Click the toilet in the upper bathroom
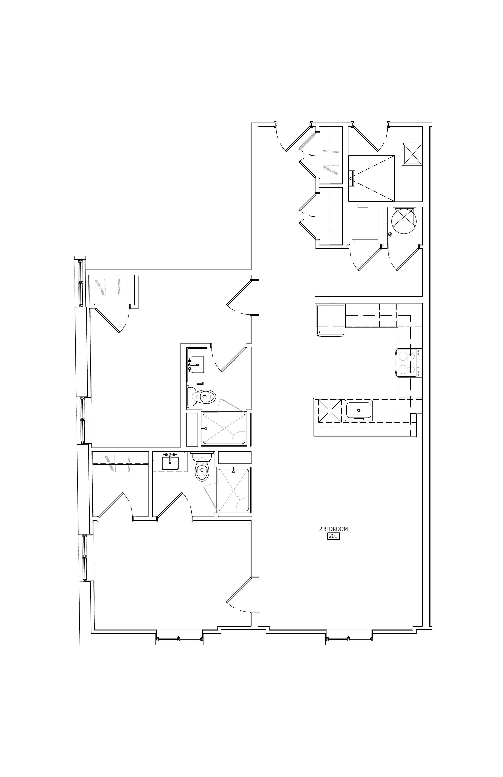pyautogui.click(x=201, y=397)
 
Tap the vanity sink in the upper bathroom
pyautogui.click(x=198, y=364)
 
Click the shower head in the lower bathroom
pyautogui.click(x=233, y=471)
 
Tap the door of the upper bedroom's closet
pyautogui.click(x=108, y=319)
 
